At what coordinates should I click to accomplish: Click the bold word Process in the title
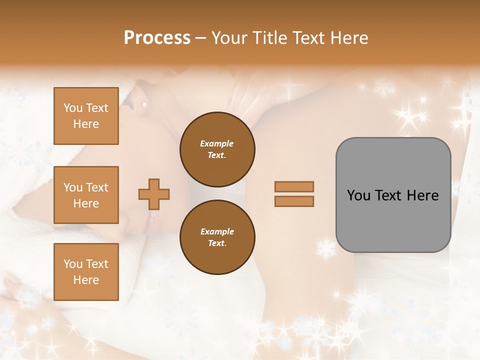pos(157,37)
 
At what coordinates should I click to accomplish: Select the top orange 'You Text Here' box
pos(86,116)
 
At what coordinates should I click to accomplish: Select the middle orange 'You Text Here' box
pos(86,195)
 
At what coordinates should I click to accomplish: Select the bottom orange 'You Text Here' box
pos(86,271)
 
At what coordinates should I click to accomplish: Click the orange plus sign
pos(154,194)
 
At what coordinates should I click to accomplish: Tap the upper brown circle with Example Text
pos(217,149)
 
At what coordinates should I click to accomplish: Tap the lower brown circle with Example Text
pos(217,237)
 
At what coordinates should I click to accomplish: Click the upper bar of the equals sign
pos(294,187)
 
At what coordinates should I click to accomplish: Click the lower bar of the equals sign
pos(294,201)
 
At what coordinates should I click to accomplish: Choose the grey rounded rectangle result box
pos(393,195)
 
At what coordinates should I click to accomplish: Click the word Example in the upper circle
pos(216,143)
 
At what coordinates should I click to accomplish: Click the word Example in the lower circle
pos(216,231)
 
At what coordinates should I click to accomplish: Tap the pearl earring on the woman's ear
pos(144,104)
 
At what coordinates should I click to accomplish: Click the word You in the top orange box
pos(73,108)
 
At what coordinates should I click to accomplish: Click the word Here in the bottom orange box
pos(86,280)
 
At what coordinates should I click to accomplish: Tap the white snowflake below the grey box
pos(326,247)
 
